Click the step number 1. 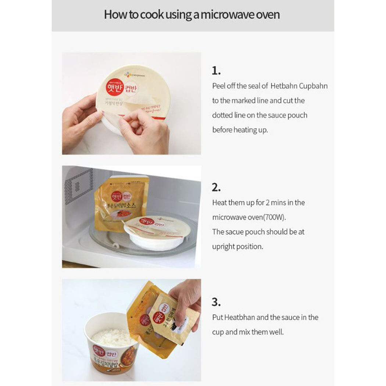(x=216, y=70)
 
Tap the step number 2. (x=216, y=187)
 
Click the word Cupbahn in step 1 (x=311, y=86)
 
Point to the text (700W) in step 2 (x=273, y=217)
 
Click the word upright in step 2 (x=223, y=247)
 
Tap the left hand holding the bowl (x=82, y=121)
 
